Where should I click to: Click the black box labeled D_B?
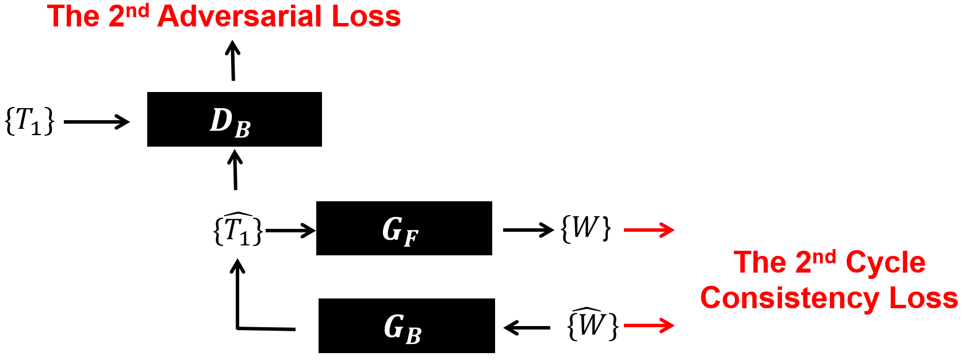[234, 120]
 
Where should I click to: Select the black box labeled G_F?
[404, 228]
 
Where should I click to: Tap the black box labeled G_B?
[406, 325]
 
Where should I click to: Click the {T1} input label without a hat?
[29, 121]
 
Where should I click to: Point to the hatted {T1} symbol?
[238, 229]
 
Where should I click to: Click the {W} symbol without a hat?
[585, 228]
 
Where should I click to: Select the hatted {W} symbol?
[592, 324]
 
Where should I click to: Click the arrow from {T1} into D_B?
[97, 122]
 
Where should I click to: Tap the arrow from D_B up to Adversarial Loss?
[233, 60]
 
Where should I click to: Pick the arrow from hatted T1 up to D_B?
[235, 170]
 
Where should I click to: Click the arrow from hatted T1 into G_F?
[290, 231]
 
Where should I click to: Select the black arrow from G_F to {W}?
[528, 230]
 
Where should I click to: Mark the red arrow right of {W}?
[649, 230]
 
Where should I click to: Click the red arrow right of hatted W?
[649, 325]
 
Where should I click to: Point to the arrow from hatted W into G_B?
[527, 328]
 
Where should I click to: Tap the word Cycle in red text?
[885, 263]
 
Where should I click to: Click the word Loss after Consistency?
[923, 298]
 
